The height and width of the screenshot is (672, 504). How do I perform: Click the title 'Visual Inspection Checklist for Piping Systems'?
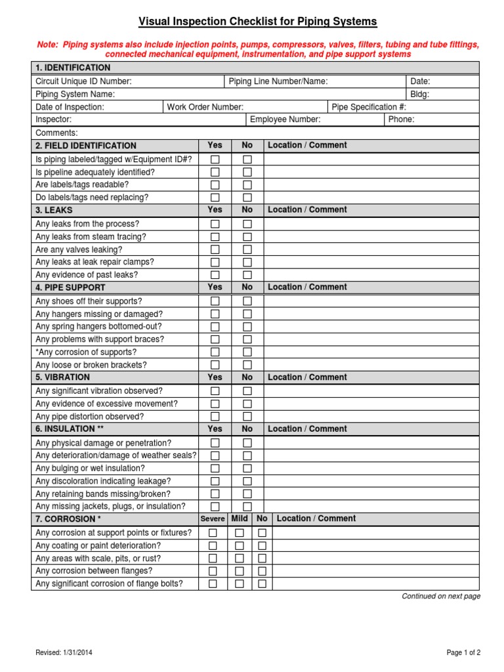(x=257, y=22)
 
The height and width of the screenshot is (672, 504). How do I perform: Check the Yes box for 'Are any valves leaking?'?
(x=215, y=250)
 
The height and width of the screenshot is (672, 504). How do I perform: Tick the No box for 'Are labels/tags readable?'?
(x=247, y=185)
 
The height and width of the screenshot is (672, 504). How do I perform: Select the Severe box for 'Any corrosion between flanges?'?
(x=213, y=572)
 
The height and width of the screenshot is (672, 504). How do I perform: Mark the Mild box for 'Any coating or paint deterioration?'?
(x=240, y=546)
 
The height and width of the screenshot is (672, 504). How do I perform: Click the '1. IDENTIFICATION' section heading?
(x=73, y=68)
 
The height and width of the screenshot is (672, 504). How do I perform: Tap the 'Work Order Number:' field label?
(x=205, y=107)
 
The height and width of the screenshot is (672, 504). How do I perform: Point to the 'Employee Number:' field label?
(x=285, y=119)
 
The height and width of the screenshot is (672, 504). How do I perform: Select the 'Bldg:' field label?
(x=419, y=94)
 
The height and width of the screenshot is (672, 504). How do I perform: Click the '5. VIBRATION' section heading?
(x=63, y=377)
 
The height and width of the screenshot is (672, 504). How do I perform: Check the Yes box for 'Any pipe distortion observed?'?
(x=215, y=417)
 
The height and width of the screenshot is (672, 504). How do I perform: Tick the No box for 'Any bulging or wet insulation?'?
(x=247, y=469)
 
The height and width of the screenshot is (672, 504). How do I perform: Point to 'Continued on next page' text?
(x=441, y=597)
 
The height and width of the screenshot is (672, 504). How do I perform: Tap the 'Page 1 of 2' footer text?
(x=463, y=652)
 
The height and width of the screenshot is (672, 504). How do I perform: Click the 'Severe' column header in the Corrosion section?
(x=213, y=519)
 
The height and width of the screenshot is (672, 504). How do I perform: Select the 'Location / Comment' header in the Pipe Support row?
(x=307, y=287)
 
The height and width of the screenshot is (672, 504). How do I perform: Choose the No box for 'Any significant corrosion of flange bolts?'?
(x=262, y=584)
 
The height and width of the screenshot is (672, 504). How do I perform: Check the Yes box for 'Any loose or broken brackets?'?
(x=215, y=366)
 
